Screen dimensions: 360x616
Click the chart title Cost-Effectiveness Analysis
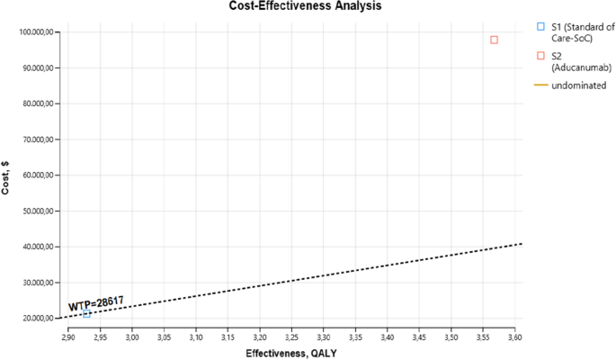coord(309,6)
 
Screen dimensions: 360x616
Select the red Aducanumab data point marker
coord(494,40)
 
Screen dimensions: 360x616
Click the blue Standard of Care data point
coord(86,313)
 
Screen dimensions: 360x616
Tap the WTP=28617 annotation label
coord(95,303)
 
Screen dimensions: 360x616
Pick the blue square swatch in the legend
coord(540,27)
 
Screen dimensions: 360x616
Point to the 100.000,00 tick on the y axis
coord(38,32)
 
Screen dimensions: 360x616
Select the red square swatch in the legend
coord(540,56)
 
